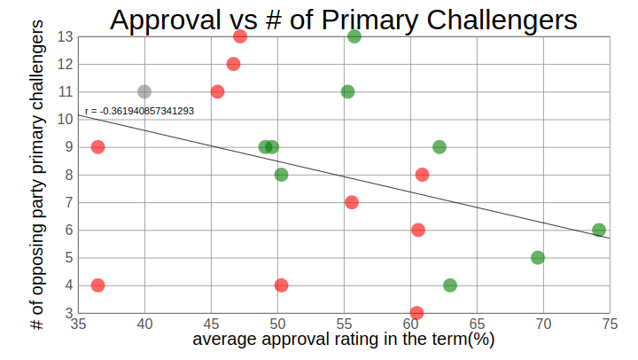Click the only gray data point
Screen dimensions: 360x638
tap(144, 91)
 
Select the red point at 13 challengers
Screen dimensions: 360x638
tap(240, 36)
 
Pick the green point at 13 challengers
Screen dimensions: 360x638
tap(354, 36)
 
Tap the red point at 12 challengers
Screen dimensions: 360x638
tap(233, 64)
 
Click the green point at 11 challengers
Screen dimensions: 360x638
tap(347, 91)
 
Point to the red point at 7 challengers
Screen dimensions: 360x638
tap(352, 202)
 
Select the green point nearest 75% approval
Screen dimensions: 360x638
tap(599, 230)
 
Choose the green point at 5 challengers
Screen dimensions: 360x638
tap(537, 257)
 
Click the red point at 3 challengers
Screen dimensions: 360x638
tap(416, 313)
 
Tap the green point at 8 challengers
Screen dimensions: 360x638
tap(281, 175)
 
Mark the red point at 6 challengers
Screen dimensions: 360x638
tap(418, 230)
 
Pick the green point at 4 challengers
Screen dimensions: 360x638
tap(450, 286)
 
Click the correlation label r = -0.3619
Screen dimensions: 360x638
tap(139, 112)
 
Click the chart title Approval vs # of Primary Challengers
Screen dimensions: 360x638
tap(343, 20)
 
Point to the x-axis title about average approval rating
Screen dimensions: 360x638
tap(343, 340)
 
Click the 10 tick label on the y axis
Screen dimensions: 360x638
tap(66, 120)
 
